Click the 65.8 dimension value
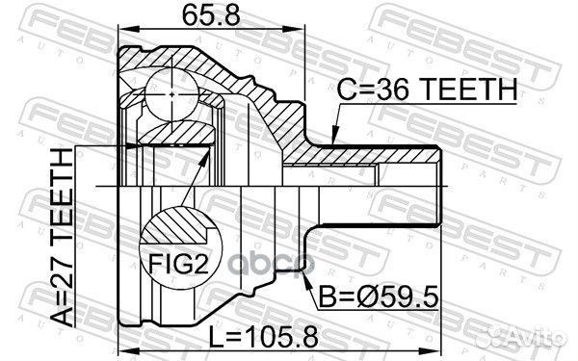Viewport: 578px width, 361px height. pyautogui.click(x=211, y=15)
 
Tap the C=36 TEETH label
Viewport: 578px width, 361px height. pyautogui.click(x=427, y=90)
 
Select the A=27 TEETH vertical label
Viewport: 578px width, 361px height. pyautogui.click(x=62, y=237)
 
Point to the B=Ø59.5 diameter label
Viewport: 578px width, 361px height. pyautogui.click(x=379, y=297)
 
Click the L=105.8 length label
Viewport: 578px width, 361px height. pyautogui.click(x=263, y=337)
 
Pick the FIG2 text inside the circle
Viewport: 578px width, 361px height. pyautogui.click(x=178, y=264)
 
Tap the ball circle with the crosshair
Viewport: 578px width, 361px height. pyautogui.click(x=172, y=94)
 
